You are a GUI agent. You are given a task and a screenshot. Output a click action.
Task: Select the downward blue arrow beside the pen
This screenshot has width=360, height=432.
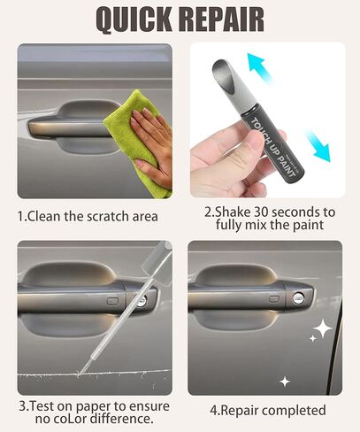[316, 144]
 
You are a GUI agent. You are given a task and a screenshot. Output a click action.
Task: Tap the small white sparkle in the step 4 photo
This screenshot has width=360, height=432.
[285, 381]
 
